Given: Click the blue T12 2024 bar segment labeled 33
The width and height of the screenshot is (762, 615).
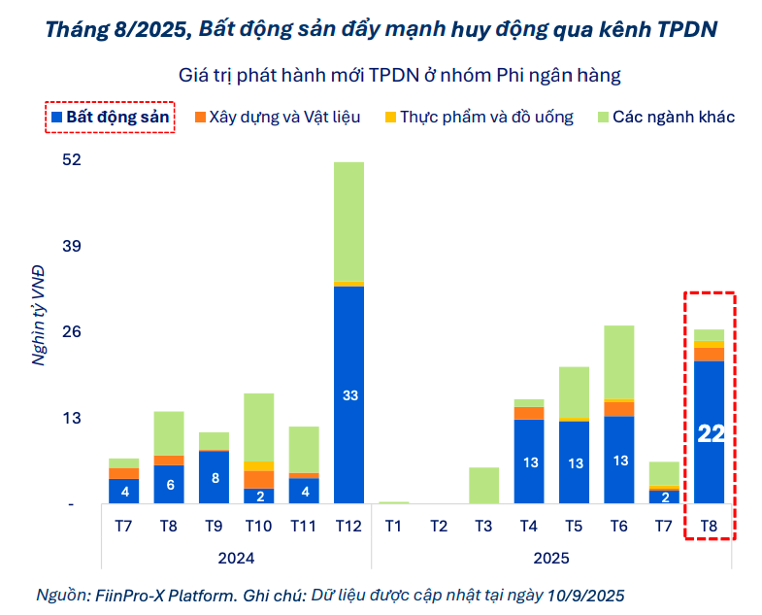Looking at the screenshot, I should (348, 395).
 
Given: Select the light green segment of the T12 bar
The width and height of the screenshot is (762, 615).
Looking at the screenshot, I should (348, 222).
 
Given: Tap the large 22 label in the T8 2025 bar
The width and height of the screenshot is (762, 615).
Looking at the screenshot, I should (711, 433).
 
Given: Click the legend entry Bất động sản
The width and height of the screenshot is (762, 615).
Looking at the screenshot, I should (110, 118).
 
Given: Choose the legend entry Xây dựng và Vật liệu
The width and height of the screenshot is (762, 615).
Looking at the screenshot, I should (277, 118).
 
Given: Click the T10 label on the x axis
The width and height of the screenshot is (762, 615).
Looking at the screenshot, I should (258, 527).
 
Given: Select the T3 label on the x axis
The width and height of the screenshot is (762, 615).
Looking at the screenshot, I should (483, 527).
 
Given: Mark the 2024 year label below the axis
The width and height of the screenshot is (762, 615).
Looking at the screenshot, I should (236, 558).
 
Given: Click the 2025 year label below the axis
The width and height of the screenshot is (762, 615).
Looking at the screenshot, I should (551, 558).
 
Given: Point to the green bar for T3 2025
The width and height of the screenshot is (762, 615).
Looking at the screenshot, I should (483, 486).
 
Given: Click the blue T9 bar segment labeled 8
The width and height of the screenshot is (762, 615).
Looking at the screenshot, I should (214, 477).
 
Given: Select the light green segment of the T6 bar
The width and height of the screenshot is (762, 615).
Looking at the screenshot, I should (618, 361).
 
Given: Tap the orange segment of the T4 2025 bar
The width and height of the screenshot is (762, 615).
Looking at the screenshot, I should (529, 413).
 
